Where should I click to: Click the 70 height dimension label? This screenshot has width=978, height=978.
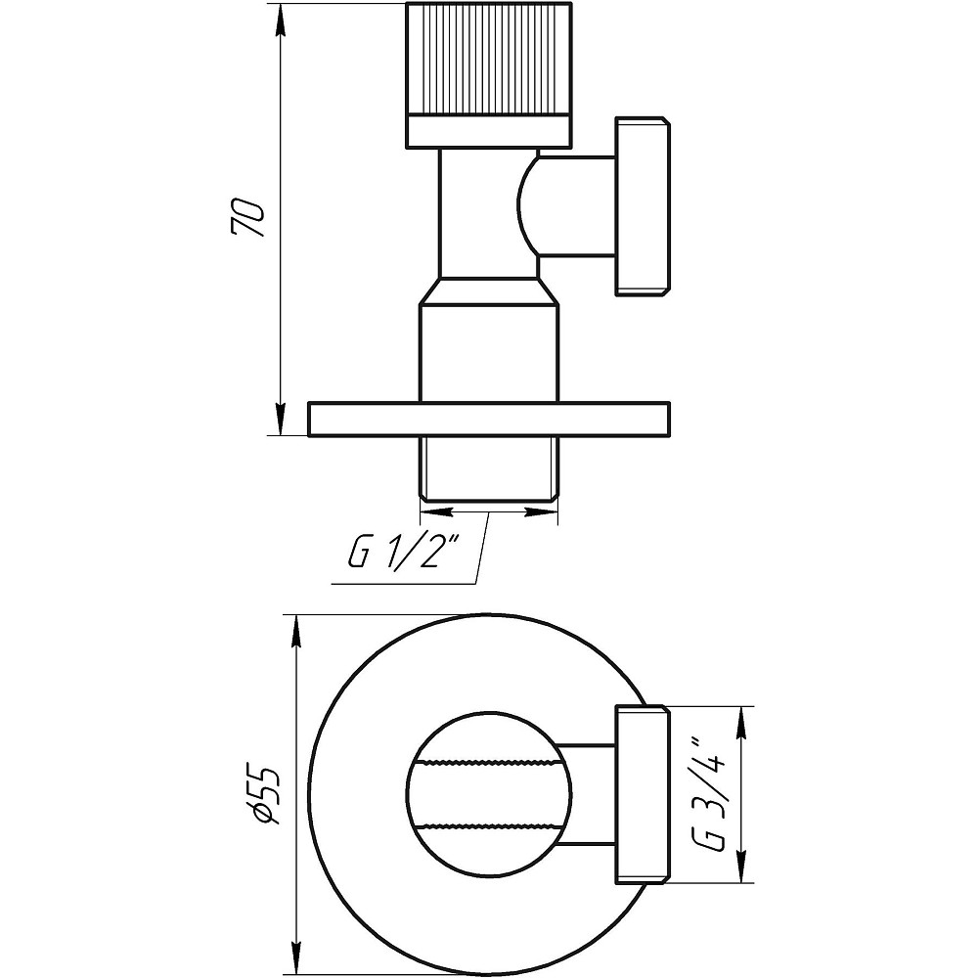(x=248, y=218)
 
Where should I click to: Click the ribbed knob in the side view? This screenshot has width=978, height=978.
(x=489, y=59)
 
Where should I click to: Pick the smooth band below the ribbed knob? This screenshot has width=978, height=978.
(x=489, y=132)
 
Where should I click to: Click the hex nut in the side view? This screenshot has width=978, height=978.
(x=644, y=205)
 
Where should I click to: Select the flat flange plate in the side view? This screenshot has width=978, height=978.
(x=489, y=419)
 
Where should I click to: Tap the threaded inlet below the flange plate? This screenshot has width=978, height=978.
(x=489, y=467)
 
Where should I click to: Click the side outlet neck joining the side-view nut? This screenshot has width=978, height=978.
(x=567, y=205)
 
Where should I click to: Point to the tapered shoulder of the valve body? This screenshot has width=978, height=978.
(x=489, y=290)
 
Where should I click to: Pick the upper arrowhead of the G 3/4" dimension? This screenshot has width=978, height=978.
(x=742, y=723)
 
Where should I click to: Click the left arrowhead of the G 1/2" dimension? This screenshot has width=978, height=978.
(x=436, y=512)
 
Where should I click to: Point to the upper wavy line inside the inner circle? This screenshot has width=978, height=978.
(x=489, y=762)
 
